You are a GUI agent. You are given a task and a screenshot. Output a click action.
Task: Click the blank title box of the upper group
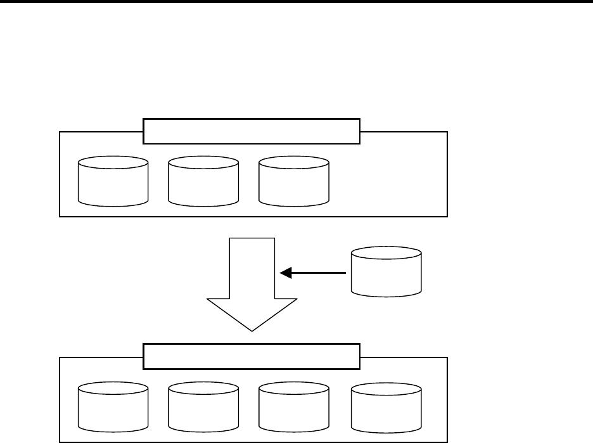click(x=252, y=132)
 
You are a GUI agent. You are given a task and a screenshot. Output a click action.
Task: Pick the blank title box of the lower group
click(x=252, y=357)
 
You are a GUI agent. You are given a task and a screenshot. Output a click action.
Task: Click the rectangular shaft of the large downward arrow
click(x=252, y=266)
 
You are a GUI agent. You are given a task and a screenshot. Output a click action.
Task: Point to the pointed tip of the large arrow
click(x=252, y=330)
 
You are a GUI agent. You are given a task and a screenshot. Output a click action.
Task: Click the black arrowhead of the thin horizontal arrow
click(x=286, y=273)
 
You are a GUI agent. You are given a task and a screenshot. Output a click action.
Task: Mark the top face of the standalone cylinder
click(x=386, y=257)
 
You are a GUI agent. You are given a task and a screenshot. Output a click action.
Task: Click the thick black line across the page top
click(x=296, y=2)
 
